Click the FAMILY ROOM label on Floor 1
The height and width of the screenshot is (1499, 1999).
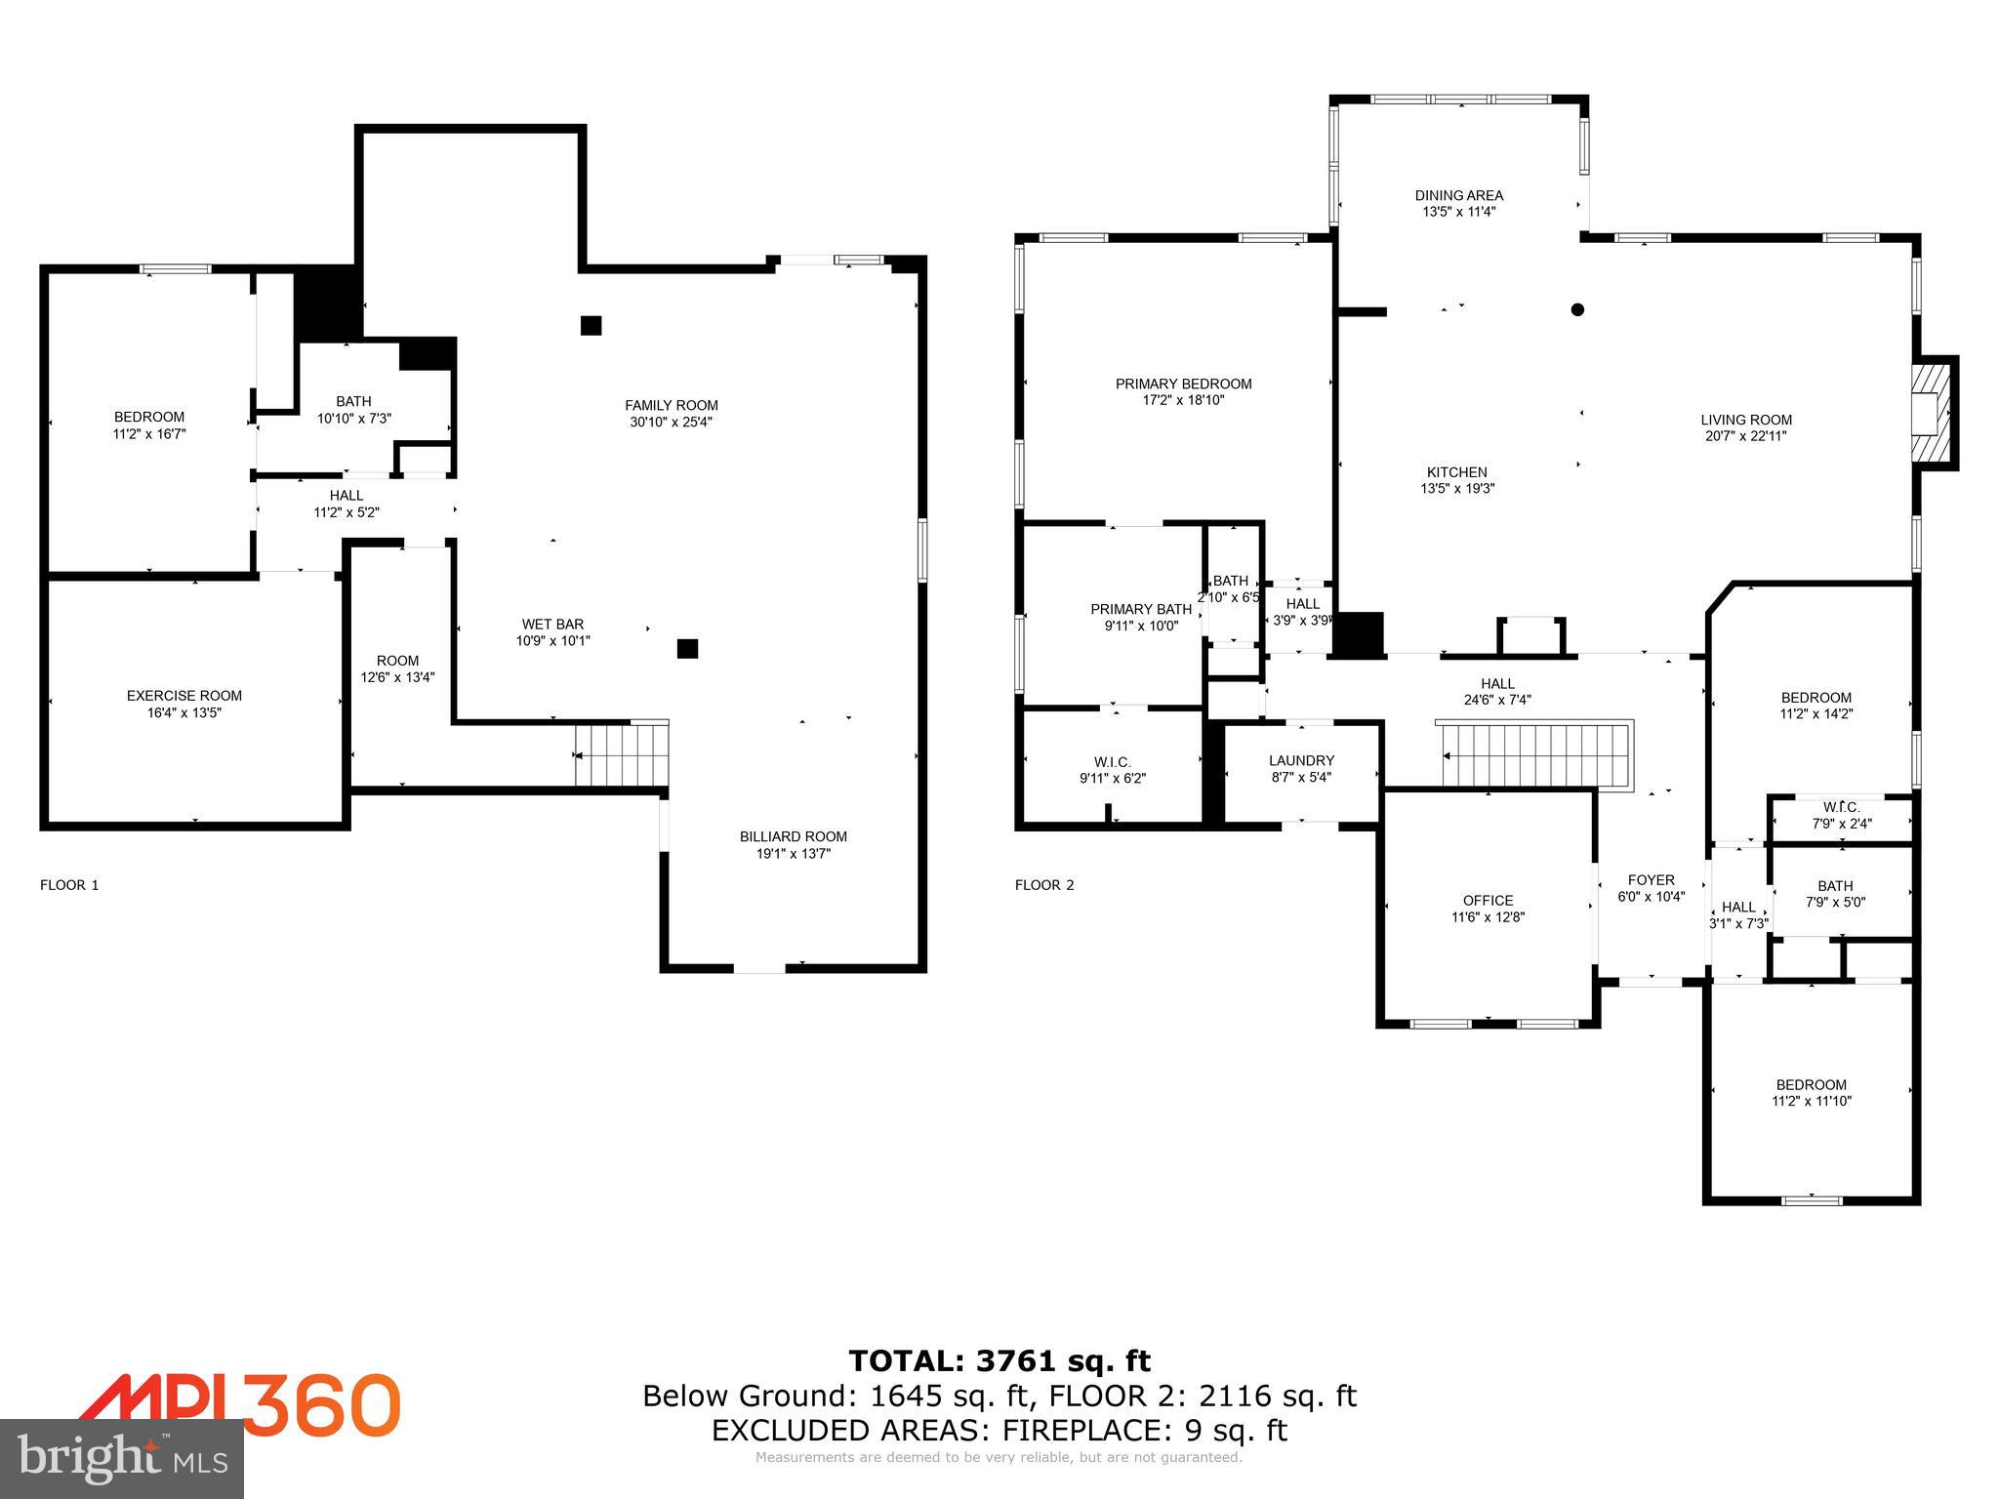click(x=672, y=405)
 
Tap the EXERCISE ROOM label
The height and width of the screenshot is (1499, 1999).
click(x=184, y=696)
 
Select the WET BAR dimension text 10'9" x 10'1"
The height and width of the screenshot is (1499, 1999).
click(x=553, y=641)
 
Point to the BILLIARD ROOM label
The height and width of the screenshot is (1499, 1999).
click(x=793, y=836)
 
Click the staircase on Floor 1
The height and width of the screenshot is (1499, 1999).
click(x=622, y=754)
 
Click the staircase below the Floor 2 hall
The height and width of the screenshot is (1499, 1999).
click(x=1534, y=754)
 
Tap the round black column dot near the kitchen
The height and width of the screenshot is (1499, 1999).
click(x=1577, y=309)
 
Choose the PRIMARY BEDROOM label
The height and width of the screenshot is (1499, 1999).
click(x=1183, y=384)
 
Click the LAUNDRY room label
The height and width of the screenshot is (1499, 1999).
click(x=1301, y=760)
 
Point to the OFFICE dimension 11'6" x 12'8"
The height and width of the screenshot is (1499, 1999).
click(x=1488, y=917)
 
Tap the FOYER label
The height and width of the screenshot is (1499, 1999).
click(x=1651, y=879)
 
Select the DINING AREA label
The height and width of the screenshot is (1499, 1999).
click(x=1458, y=195)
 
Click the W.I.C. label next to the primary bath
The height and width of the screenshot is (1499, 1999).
click(x=1112, y=762)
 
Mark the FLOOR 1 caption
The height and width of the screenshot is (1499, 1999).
click(x=69, y=885)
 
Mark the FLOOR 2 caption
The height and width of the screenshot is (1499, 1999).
click(x=1043, y=885)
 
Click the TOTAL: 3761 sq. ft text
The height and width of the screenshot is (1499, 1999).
click(x=999, y=1360)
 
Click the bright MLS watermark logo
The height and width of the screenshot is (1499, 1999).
click(x=122, y=1458)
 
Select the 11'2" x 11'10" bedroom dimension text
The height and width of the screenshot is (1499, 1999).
click(x=1811, y=1101)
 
